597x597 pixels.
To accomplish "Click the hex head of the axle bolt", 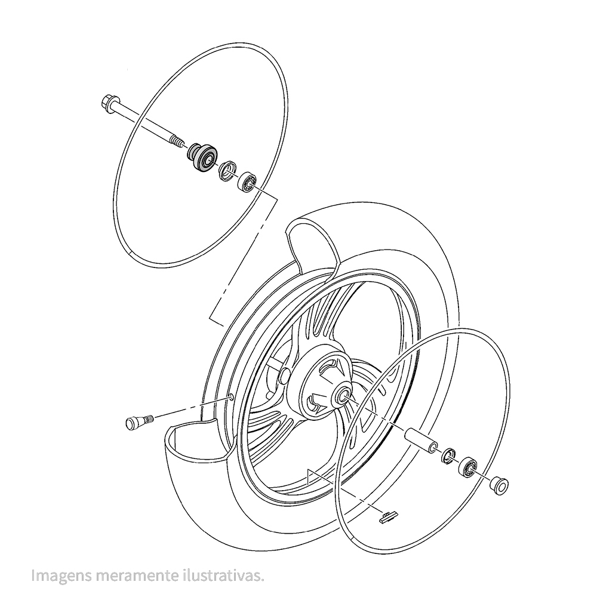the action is pyautogui.click(x=108, y=103).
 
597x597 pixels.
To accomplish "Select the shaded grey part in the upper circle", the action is pyautogui.click(x=202, y=158).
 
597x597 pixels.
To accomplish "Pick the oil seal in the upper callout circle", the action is pyautogui.click(x=228, y=171).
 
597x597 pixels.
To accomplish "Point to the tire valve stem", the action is pyautogui.click(x=139, y=421).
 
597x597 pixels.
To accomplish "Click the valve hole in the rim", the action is pyautogui.click(x=231, y=398).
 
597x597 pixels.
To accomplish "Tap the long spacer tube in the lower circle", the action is pyautogui.click(x=421, y=440).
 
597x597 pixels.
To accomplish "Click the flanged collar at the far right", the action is pyautogui.click(x=498, y=485).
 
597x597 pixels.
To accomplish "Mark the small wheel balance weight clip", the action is pyautogui.click(x=387, y=516).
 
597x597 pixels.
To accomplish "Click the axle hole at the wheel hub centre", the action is pyautogui.click(x=341, y=395).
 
